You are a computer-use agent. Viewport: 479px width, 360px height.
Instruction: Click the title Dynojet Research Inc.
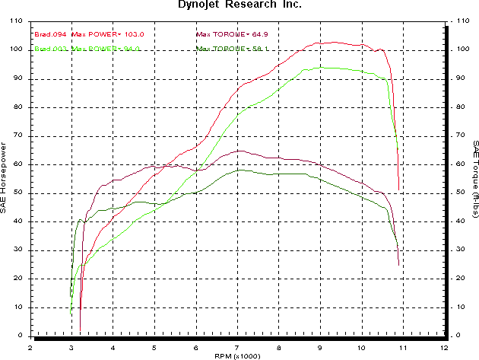pos(239,5)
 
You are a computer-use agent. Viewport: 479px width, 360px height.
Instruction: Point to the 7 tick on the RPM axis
pos(238,346)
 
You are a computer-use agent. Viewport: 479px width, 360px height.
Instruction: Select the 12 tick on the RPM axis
pos(445,346)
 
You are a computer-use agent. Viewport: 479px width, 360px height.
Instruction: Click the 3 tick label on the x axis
pos(72,346)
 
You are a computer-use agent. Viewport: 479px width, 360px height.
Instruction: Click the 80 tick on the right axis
pos(455,107)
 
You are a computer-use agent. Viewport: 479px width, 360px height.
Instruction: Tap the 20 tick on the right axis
pos(455,279)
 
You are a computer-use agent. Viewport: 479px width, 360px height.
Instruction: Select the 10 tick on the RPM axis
pos(362,346)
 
